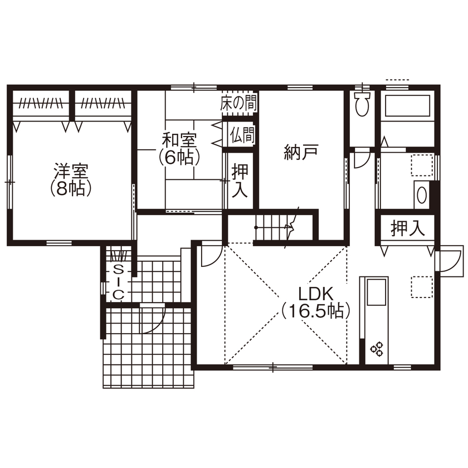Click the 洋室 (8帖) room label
[70, 178]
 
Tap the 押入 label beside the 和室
[240, 180]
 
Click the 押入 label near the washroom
[407, 228]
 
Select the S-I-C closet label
[118, 282]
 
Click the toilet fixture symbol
[362, 105]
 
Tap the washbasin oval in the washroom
[422, 195]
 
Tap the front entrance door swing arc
[152, 320]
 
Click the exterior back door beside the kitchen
[448, 260]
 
